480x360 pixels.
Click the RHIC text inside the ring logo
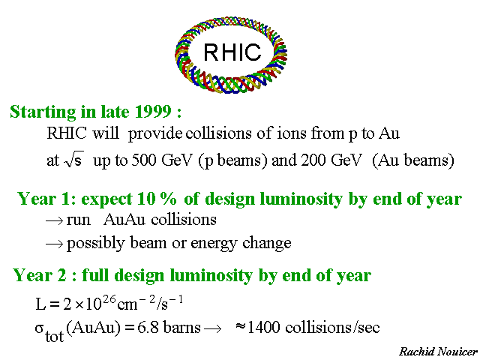(x=232, y=52)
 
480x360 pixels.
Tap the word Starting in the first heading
(x=43, y=112)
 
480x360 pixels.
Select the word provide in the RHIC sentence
(x=155, y=134)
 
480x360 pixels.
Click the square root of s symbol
(x=73, y=159)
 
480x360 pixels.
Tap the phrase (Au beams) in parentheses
(x=413, y=160)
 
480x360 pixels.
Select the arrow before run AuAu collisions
(x=55, y=220)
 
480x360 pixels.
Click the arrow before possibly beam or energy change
(x=55, y=244)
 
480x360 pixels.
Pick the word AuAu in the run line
(x=124, y=220)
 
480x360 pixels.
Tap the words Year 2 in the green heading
(x=40, y=275)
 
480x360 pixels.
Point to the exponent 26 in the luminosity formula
(x=109, y=299)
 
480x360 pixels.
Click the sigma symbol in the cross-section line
(x=40, y=328)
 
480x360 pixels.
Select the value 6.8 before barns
(x=148, y=328)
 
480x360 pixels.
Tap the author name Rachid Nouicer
(x=438, y=352)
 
